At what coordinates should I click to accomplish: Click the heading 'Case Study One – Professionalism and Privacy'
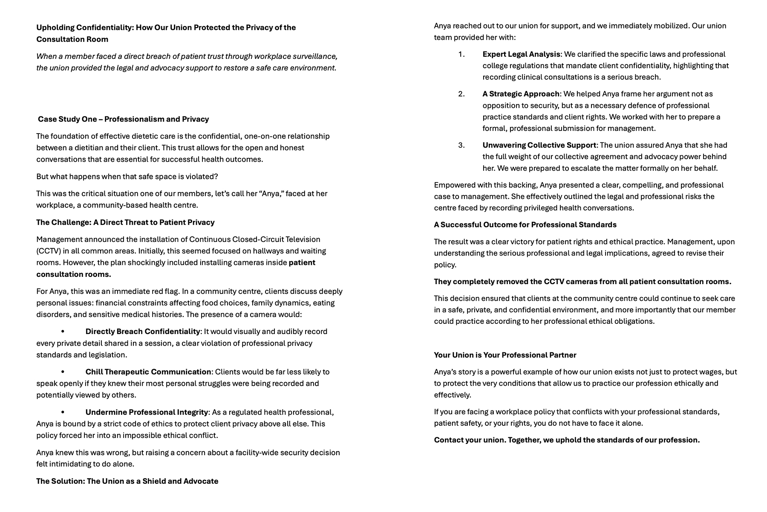(x=123, y=119)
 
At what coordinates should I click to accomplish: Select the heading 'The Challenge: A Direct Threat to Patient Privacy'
(x=125, y=222)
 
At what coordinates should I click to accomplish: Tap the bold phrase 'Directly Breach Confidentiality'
(x=143, y=332)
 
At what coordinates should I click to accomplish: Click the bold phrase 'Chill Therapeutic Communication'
(x=148, y=372)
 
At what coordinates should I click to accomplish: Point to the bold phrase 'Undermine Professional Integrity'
(x=147, y=412)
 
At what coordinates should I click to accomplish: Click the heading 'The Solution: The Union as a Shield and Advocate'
(x=127, y=481)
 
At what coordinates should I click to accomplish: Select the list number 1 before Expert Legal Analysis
(x=461, y=54)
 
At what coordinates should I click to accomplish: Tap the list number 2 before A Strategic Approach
(x=461, y=94)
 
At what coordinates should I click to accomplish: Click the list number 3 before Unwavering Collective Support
(x=461, y=145)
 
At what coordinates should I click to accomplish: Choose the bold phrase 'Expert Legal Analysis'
(x=521, y=54)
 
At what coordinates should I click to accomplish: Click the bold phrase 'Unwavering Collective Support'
(x=539, y=145)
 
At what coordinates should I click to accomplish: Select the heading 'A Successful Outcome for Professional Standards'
(x=525, y=225)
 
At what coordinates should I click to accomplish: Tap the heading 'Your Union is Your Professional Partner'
(x=505, y=355)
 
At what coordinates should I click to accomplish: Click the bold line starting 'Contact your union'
(x=567, y=440)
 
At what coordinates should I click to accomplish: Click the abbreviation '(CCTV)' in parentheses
(x=49, y=251)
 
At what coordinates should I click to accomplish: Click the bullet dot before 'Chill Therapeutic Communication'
(x=63, y=372)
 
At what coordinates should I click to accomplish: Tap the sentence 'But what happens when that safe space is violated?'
(x=127, y=177)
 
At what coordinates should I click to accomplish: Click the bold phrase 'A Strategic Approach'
(x=521, y=94)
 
